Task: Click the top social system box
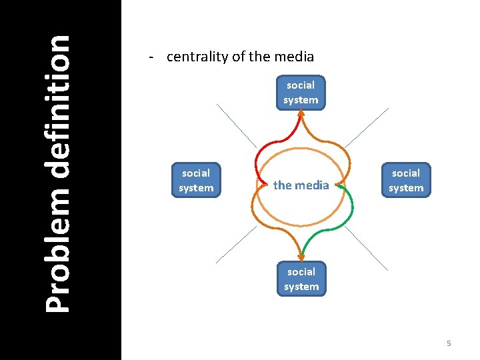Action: click(x=301, y=93)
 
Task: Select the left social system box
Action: click(x=196, y=181)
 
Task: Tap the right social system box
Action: click(x=406, y=181)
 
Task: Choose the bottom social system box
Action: click(x=301, y=279)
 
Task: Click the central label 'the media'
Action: click(x=301, y=185)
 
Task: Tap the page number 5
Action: click(x=449, y=343)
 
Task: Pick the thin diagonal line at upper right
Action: click(x=366, y=127)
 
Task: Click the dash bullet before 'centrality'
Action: click(x=153, y=57)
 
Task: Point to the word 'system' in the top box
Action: click(x=301, y=100)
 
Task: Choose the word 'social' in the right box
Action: click(x=406, y=173)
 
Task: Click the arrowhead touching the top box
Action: click(x=301, y=113)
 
